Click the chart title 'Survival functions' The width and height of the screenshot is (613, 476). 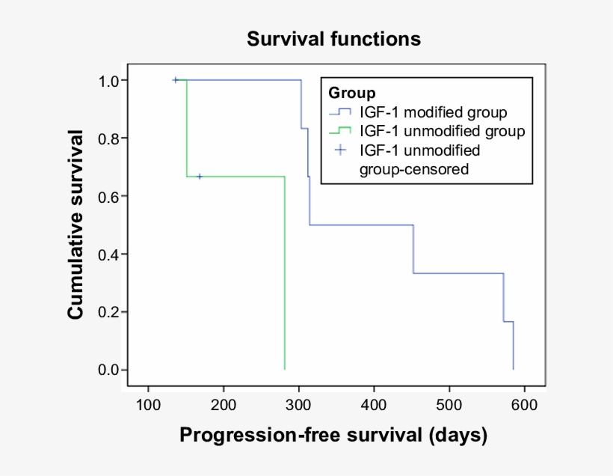pos(334,39)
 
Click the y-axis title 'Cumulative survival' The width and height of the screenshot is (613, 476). pos(76,225)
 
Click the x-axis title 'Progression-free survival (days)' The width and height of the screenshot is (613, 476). pos(333,435)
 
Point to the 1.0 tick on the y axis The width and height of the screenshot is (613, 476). pos(103,80)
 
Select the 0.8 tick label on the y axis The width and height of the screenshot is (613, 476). pos(103,138)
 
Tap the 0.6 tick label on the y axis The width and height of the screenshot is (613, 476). pos(103,196)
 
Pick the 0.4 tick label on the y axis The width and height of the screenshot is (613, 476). pos(103,254)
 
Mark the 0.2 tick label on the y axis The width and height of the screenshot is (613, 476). pos(103,312)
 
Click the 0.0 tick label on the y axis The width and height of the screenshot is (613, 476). pos(103,370)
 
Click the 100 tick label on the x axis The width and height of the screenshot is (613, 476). pos(149,405)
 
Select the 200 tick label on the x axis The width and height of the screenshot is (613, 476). pos(224,405)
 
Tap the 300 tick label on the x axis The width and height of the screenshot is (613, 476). pos(299,405)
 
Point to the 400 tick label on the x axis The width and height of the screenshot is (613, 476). pos(374,405)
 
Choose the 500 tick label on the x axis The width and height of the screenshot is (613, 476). pos(449,405)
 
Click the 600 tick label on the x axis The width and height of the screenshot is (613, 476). pos(524,405)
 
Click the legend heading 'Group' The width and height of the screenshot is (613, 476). pos(351,94)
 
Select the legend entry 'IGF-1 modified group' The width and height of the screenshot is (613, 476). pos(433,113)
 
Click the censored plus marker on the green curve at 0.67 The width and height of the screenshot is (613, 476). pos(200,177)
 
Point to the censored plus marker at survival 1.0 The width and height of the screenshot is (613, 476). pos(176,80)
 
